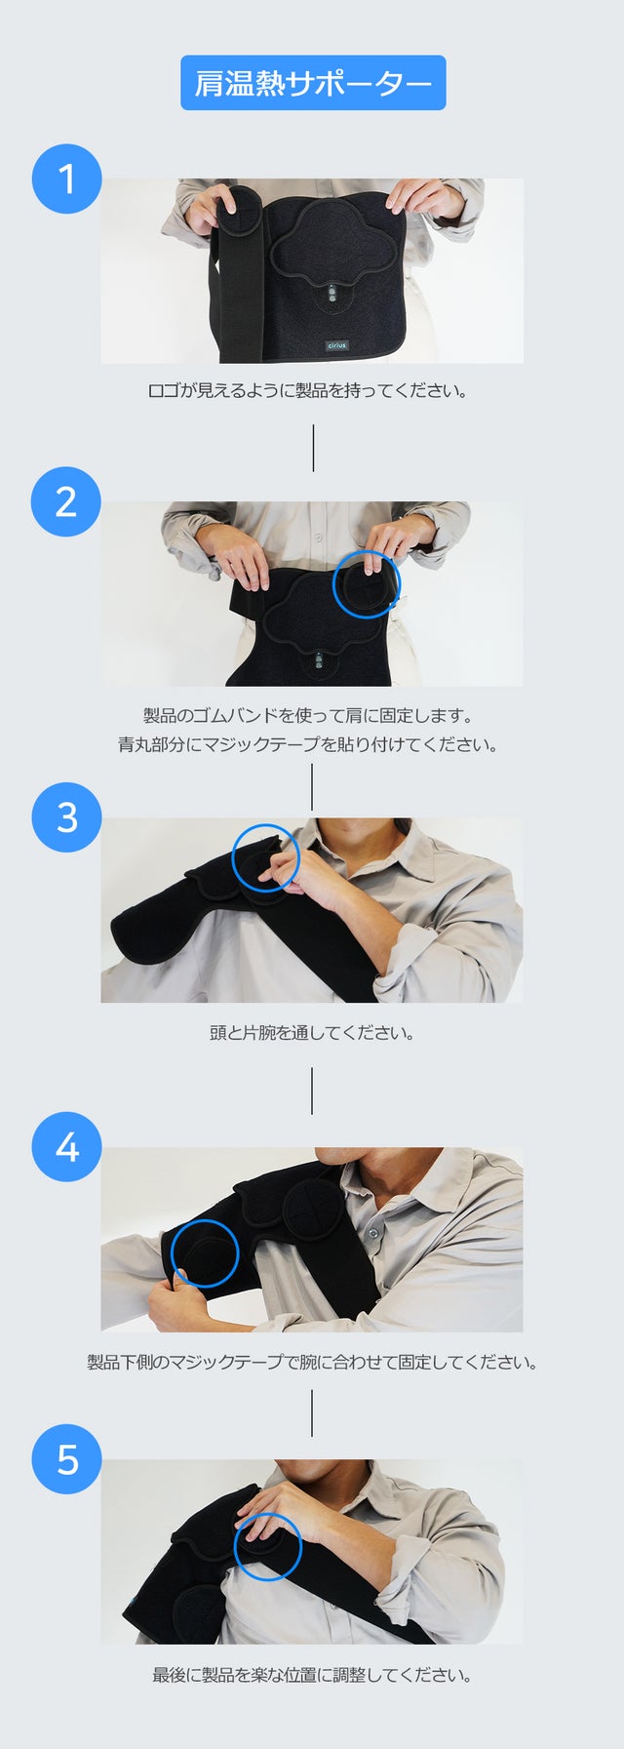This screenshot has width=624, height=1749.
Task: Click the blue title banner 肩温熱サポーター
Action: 313,83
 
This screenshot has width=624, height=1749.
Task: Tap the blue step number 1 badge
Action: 66,179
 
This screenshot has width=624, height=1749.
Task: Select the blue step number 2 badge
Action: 66,501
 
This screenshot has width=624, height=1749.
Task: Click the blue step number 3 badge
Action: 66,817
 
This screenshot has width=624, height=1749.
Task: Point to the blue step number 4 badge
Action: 66,1147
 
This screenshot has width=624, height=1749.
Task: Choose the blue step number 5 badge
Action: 66,1460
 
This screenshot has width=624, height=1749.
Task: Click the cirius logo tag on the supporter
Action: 336,345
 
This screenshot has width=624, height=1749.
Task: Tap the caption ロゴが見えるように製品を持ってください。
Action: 308,391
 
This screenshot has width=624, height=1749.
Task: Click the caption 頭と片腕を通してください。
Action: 312,1033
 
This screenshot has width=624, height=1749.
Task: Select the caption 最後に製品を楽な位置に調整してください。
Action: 312,1676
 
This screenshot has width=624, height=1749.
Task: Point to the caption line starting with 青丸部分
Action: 308,745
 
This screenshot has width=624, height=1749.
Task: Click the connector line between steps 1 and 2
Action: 313,448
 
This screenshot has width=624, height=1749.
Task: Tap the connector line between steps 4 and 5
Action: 312,1412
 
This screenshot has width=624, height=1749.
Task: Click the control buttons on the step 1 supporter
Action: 331,295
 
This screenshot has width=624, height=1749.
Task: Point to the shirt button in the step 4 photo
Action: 371,1233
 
